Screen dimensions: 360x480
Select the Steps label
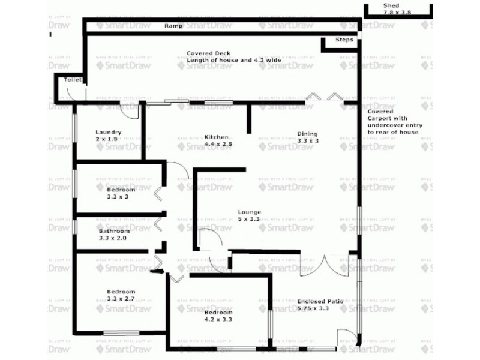pyautogui.click(x=344, y=40)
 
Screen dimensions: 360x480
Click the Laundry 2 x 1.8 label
pyautogui.click(x=108, y=136)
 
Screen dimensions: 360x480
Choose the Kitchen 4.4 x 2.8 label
pyautogui.click(x=218, y=140)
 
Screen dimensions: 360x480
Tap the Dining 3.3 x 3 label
pyautogui.click(x=307, y=137)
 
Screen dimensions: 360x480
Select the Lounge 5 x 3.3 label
pyautogui.click(x=248, y=215)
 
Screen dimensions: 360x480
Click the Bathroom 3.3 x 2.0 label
pyautogui.click(x=114, y=235)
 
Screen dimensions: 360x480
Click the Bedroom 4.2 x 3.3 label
pyautogui.click(x=218, y=316)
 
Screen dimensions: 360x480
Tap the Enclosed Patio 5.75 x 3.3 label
pyautogui.click(x=320, y=305)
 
